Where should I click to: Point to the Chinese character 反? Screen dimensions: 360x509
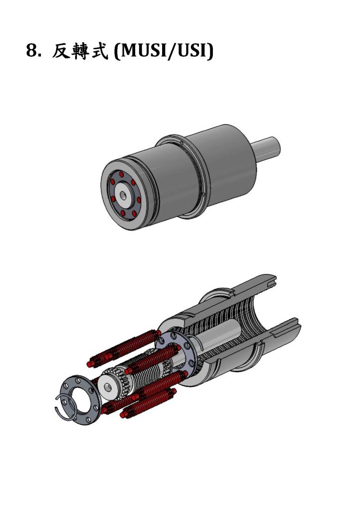(x=61, y=51)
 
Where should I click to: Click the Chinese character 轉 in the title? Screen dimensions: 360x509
(x=81, y=51)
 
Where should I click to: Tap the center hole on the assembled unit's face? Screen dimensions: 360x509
(x=123, y=195)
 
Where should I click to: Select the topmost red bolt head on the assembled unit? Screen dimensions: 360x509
(x=121, y=174)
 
